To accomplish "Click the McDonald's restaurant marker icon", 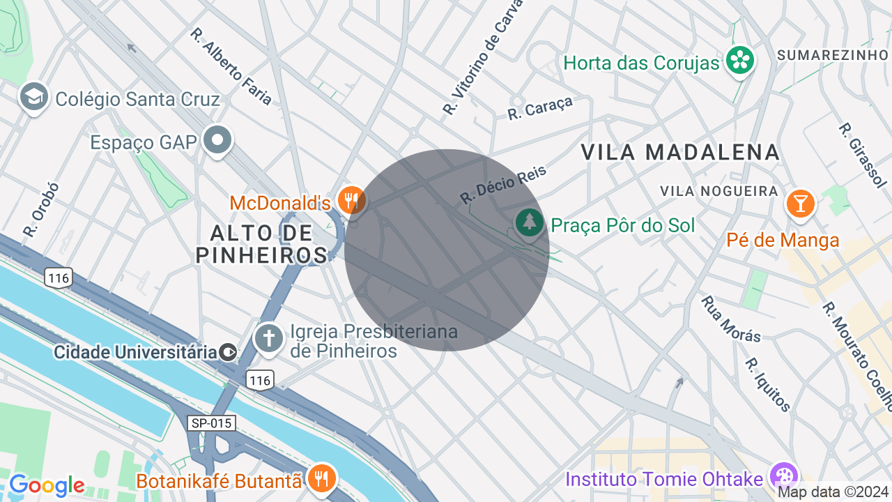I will (x=351, y=200).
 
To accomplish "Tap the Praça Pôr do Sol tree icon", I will (x=530, y=222).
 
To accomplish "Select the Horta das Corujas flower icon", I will (x=739, y=61).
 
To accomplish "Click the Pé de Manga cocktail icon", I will (x=800, y=204).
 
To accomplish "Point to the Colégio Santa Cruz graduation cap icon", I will (x=33, y=97).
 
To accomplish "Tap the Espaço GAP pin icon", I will (x=218, y=140).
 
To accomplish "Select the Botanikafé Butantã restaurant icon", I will (x=321, y=478).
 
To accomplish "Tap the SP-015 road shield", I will (x=211, y=423).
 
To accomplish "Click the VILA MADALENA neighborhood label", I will (x=679, y=152).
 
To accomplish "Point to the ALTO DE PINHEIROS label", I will (x=261, y=244).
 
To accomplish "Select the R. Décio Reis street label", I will (x=503, y=185).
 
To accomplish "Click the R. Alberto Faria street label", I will (x=231, y=67).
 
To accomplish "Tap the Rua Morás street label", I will (x=730, y=319).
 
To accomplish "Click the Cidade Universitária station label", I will (x=136, y=352).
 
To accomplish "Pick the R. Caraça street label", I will (x=539, y=108).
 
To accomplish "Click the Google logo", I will (x=47, y=485).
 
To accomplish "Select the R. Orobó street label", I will (x=41, y=209).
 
